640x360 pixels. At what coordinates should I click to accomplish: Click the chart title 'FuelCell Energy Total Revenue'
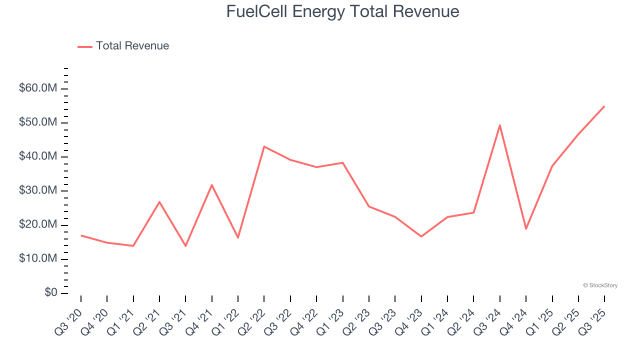pos(342,11)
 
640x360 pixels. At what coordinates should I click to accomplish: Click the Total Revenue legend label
pos(132,46)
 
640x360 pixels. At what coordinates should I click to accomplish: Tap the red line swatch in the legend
pos(85,46)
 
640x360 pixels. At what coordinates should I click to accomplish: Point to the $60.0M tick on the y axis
pos(37,88)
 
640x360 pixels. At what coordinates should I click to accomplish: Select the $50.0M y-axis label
pos(37,122)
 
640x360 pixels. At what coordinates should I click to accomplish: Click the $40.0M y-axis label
pos(37,156)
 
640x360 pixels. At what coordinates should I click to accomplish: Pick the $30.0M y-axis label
pos(37,190)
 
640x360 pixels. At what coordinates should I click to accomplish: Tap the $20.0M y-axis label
pos(37,225)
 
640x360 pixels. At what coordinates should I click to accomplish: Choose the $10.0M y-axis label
pos(37,259)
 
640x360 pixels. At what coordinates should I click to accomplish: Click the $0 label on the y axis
pos(50,293)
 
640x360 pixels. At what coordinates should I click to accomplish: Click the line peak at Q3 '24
pos(500,125)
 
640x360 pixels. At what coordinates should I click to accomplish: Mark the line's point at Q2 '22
pos(264,146)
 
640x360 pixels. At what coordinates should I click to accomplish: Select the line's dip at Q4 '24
pos(526,228)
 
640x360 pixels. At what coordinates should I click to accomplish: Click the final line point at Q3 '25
pos(604,106)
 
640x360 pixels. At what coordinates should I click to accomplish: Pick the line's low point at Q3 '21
pos(185,245)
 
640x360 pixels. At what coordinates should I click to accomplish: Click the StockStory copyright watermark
pos(600,285)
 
